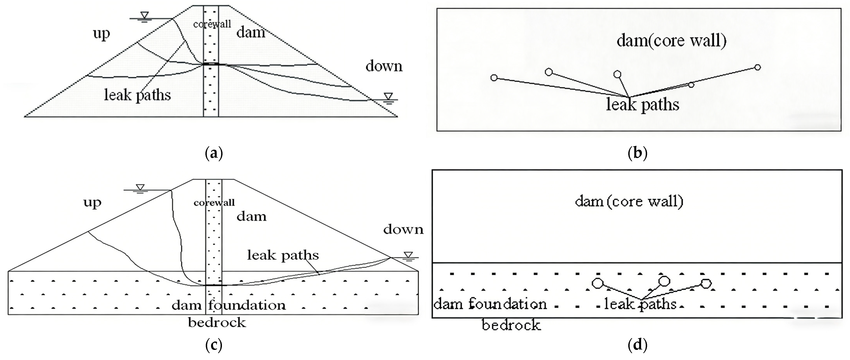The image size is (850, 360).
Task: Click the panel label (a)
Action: point(214,153)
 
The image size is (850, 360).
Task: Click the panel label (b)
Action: point(637,153)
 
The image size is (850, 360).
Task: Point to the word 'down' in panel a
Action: point(384,66)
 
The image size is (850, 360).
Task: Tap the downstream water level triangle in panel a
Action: point(388,96)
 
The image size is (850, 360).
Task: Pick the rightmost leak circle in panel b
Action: point(758,67)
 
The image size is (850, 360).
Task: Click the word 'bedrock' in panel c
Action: point(217,322)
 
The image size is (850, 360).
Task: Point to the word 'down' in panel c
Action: point(403,229)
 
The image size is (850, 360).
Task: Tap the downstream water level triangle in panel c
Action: point(409,254)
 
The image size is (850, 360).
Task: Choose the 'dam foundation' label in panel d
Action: point(490,304)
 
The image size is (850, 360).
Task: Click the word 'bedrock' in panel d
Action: point(511,326)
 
